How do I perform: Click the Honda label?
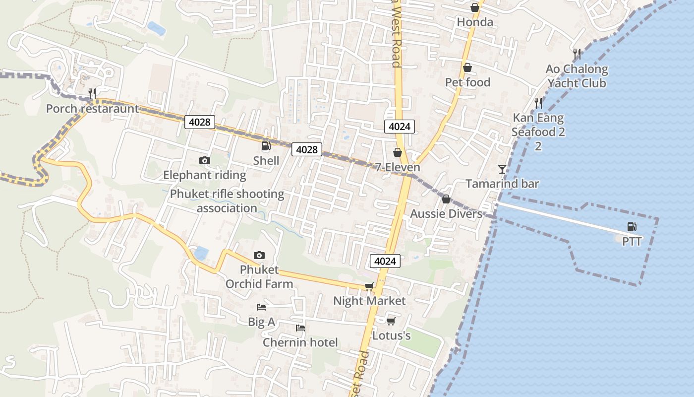(475, 22)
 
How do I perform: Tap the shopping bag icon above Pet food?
(467, 67)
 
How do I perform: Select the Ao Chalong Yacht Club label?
(577, 76)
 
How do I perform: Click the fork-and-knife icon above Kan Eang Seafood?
(538, 103)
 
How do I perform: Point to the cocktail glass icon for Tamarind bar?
(502, 169)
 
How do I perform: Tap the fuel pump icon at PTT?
(632, 227)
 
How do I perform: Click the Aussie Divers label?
(446, 214)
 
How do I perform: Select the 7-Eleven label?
(398, 167)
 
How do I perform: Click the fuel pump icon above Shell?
(266, 146)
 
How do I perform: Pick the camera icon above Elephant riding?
(204, 160)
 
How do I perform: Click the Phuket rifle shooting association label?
(227, 200)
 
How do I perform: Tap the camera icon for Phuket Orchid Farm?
(259, 256)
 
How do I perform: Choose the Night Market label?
(369, 301)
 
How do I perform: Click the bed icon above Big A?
(261, 307)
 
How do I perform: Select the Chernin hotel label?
(300, 342)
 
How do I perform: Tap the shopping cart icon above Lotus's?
(391, 321)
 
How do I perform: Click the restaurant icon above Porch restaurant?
(92, 93)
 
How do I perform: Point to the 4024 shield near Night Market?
(385, 261)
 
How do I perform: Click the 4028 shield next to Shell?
(306, 149)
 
